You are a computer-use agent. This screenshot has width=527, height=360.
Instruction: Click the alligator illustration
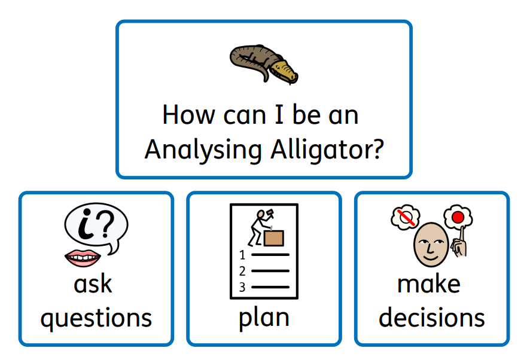(264, 64)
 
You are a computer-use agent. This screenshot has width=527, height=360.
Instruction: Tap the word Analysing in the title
(203, 150)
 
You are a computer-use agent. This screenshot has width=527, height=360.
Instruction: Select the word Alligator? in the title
(327, 150)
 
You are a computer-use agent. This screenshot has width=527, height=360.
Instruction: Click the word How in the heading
(188, 115)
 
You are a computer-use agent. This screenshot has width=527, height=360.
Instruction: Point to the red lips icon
(83, 258)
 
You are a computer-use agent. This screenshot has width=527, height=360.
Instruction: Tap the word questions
(96, 318)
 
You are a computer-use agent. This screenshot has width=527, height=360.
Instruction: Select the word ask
(93, 285)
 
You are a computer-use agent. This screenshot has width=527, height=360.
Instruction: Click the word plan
(264, 318)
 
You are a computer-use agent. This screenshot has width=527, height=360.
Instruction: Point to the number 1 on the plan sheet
(242, 255)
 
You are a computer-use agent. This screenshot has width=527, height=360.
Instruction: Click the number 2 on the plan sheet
(242, 271)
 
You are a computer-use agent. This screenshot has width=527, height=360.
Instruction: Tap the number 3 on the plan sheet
(242, 287)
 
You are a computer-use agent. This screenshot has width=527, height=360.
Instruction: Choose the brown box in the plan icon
(274, 238)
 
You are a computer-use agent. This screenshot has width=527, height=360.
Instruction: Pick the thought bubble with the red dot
(458, 217)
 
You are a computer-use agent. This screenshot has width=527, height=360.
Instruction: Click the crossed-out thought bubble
(406, 217)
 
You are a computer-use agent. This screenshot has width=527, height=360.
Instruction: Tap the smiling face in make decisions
(431, 245)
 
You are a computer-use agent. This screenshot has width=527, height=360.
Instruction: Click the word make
(429, 285)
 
